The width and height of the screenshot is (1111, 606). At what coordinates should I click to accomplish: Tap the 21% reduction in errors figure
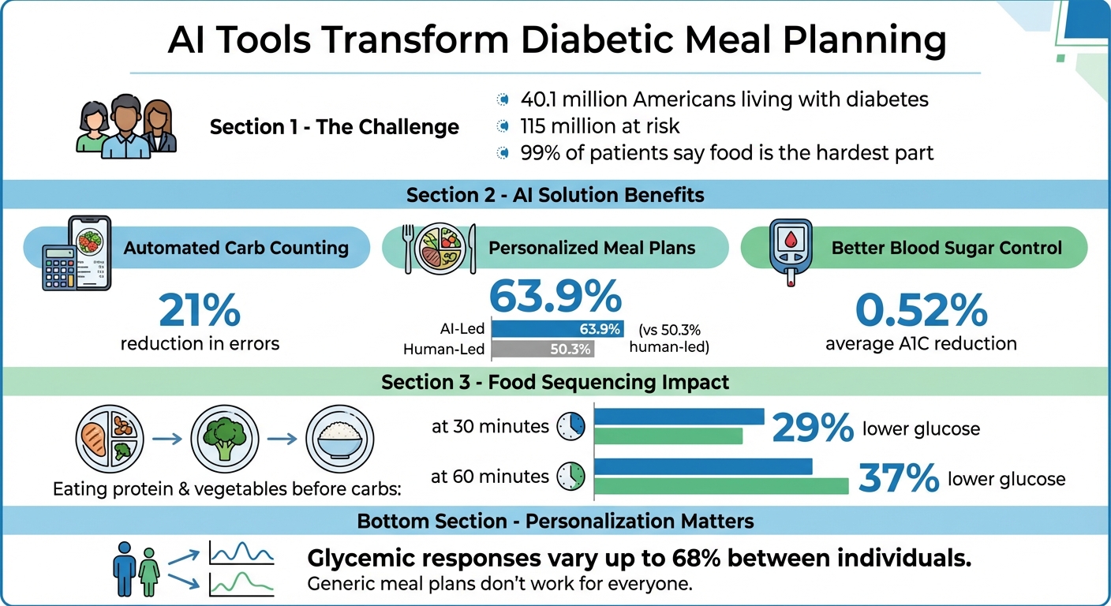(x=200, y=310)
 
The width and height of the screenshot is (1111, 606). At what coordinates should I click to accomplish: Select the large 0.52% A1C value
(x=921, y=310)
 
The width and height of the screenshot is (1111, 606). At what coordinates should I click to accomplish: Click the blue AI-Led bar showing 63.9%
(x=557, y=329)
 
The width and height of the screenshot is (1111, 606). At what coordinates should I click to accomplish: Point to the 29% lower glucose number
(x=813, y=428)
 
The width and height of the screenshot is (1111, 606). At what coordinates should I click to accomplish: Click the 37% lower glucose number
(x=898, y=478)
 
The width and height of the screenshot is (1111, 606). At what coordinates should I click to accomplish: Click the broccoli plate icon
(x=225, y=438)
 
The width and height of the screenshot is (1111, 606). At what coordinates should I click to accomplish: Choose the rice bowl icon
(x=339, y=438)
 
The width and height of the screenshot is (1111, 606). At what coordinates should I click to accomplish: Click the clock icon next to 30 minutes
(x=570, y=427)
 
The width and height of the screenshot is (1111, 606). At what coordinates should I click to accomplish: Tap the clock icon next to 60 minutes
(x=570, y=477)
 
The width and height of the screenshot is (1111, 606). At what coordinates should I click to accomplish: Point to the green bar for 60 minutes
(x=721, y=486)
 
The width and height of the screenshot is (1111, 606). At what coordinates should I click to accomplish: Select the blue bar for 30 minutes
(x=679, y=417)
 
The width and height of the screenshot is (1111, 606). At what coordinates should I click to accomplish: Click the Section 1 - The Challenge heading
(x=334, y=127)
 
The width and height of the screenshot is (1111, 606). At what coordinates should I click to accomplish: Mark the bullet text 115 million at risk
(x=600, y=126)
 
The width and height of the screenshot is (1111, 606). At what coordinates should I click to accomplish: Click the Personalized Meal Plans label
(x=592, y=248)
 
